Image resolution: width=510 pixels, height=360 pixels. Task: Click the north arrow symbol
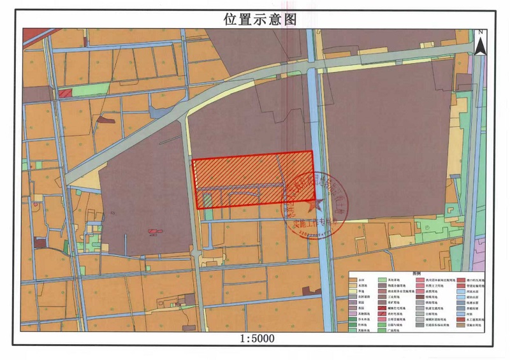(483, 43)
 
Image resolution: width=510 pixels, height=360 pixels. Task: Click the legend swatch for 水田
(353, 280)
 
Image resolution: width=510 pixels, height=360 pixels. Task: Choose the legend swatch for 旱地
(353, 291)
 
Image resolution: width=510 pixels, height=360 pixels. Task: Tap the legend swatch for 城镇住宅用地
(382, 308)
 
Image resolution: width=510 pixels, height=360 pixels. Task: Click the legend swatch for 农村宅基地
(382, 313)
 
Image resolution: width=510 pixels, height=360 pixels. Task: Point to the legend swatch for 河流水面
(461, 291)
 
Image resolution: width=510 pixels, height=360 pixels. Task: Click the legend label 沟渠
(469, 313)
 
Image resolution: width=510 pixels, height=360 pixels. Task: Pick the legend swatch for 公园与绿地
(382, 325)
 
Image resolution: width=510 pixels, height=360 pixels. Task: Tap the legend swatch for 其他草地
(382, 280)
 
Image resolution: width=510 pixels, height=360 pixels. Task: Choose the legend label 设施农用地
(473, 325)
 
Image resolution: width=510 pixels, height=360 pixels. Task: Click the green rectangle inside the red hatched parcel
(207, 201)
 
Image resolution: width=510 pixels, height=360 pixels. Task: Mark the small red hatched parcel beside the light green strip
(64, 94)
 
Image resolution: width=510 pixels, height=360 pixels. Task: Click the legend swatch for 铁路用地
(420, 302)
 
